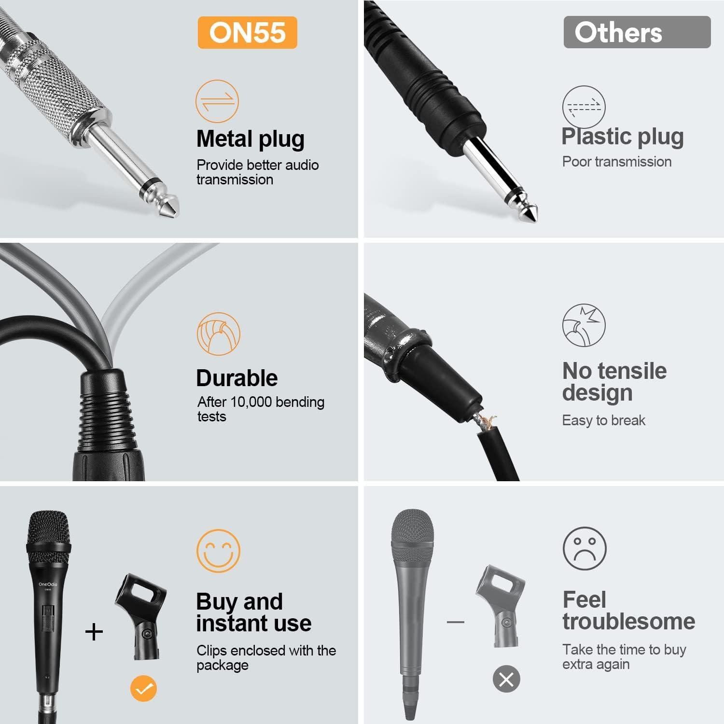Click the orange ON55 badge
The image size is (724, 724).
[x=247, y=32]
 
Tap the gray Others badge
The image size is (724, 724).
[x=637, y=32]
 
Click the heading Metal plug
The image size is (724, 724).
[x=250, y=139]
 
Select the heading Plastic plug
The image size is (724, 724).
[x=622, y=137]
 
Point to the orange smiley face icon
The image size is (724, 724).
[x=218, y=551]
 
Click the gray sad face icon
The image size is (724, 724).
[x=585, y=548]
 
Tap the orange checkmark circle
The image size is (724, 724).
[x=143, y=688]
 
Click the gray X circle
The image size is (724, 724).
[x=506, y=679]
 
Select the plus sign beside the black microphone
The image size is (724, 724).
[x=94, y=632]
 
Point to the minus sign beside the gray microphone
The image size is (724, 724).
[x=455, y=622]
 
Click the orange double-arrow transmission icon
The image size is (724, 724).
[x=217, y=101]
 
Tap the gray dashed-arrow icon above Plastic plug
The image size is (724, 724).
[x=584, y=107]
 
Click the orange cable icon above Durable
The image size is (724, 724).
[x=218, y=334]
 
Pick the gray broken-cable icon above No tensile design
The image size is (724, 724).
[x=584, y=325]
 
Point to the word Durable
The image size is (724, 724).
[x=237, y=378]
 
